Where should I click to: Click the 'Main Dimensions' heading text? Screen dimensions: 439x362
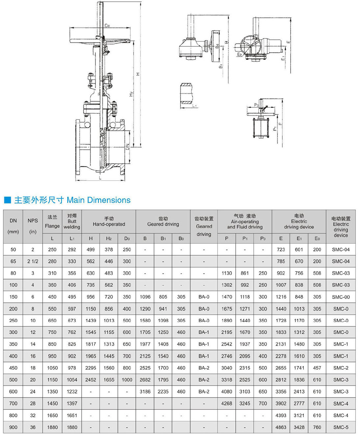tap(98, 200)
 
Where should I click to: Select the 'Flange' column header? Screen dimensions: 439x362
tap(52, 221)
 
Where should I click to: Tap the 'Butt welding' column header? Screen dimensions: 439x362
tap(72, 221)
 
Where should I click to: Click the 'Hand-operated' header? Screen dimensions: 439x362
tap(109, 221)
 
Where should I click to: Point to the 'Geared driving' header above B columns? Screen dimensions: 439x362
tap(163, 221)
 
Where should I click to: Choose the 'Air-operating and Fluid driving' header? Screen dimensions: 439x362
tap(245, 221)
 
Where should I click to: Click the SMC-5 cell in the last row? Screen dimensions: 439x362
tap(341, 427)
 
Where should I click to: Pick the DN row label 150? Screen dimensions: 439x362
tap(13, 297)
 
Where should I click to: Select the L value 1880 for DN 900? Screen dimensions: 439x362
tap(52, 427)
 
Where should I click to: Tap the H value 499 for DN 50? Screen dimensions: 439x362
tap(90, 249)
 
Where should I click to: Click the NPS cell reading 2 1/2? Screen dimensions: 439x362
tap(33, 261)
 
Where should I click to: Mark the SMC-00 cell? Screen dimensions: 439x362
tap(341, 297)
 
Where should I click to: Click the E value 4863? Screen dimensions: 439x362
tap(281, 427)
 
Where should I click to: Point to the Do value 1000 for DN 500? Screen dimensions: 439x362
tap(127, 380)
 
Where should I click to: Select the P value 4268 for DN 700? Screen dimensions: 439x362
tap(226, 403)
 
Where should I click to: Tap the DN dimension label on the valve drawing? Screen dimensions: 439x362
tap(127, 147)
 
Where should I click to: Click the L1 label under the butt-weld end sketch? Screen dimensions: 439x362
tap(194, 106)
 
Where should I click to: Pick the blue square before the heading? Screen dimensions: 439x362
tap(8, 200)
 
